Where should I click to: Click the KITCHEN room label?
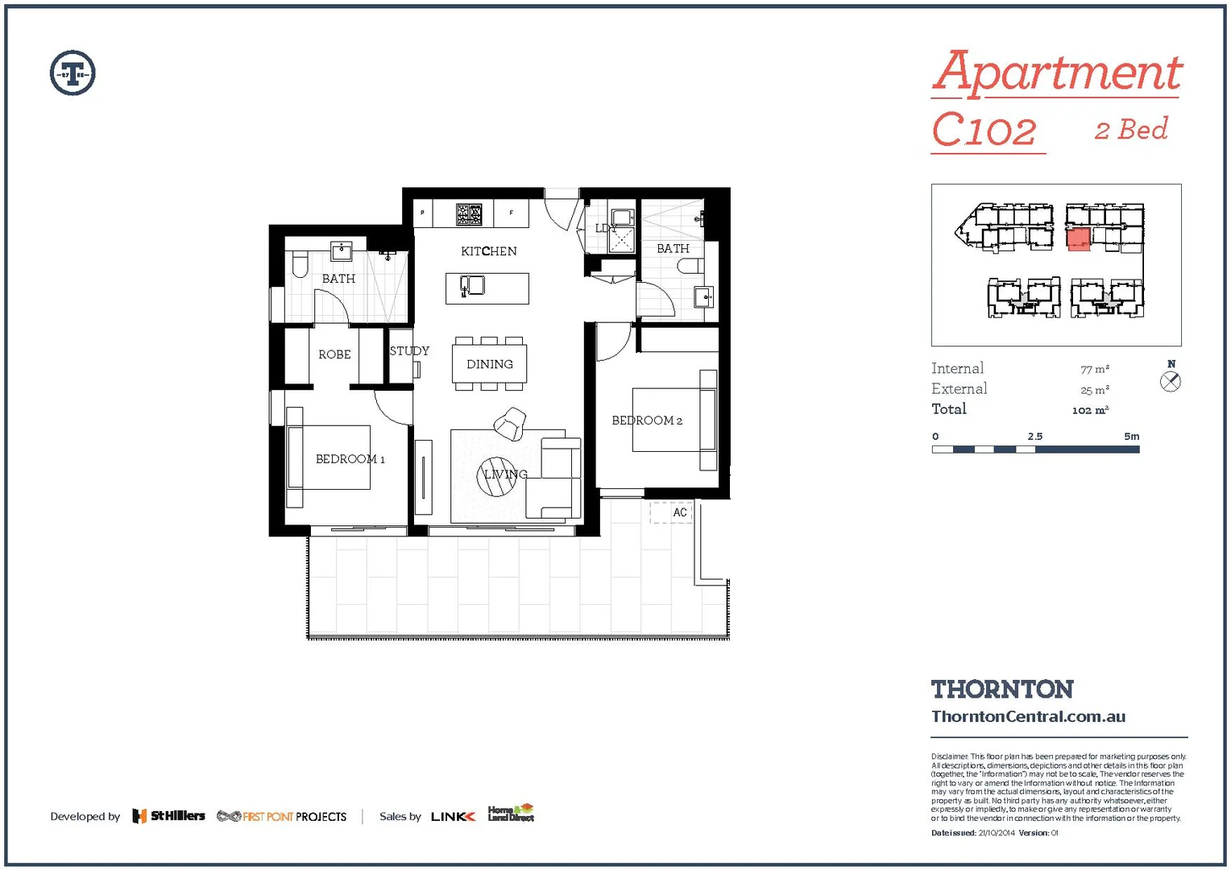[x=488, y=251]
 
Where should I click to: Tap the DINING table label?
[x=489, y=364]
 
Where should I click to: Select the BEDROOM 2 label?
[x=646, y=420]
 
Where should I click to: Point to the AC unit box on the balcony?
[x=671, y=512]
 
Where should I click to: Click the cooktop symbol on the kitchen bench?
[x=469, y=214]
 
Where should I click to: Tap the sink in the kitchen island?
[x=472, y=285]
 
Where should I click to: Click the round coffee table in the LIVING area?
[x=496, y=476]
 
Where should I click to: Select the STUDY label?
[x=409, y=351]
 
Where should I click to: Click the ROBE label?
[x=334, y=354]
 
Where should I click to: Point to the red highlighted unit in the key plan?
[x=1079, y=239]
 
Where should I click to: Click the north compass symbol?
[x=1171, y=382]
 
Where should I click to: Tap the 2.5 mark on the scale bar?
[x=1035, y=437]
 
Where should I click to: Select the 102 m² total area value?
[x=1090, y=410]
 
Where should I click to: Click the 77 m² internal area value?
[x=1094, y=369]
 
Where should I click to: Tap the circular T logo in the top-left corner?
[x=73, y=73]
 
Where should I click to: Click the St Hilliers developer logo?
[x=169, y=816]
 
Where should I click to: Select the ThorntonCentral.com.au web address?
[x=1028, y=716]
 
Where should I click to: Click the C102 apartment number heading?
[x=984, y=130]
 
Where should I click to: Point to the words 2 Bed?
[x=1131, y=130]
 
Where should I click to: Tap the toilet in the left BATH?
[x=300, y=263]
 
